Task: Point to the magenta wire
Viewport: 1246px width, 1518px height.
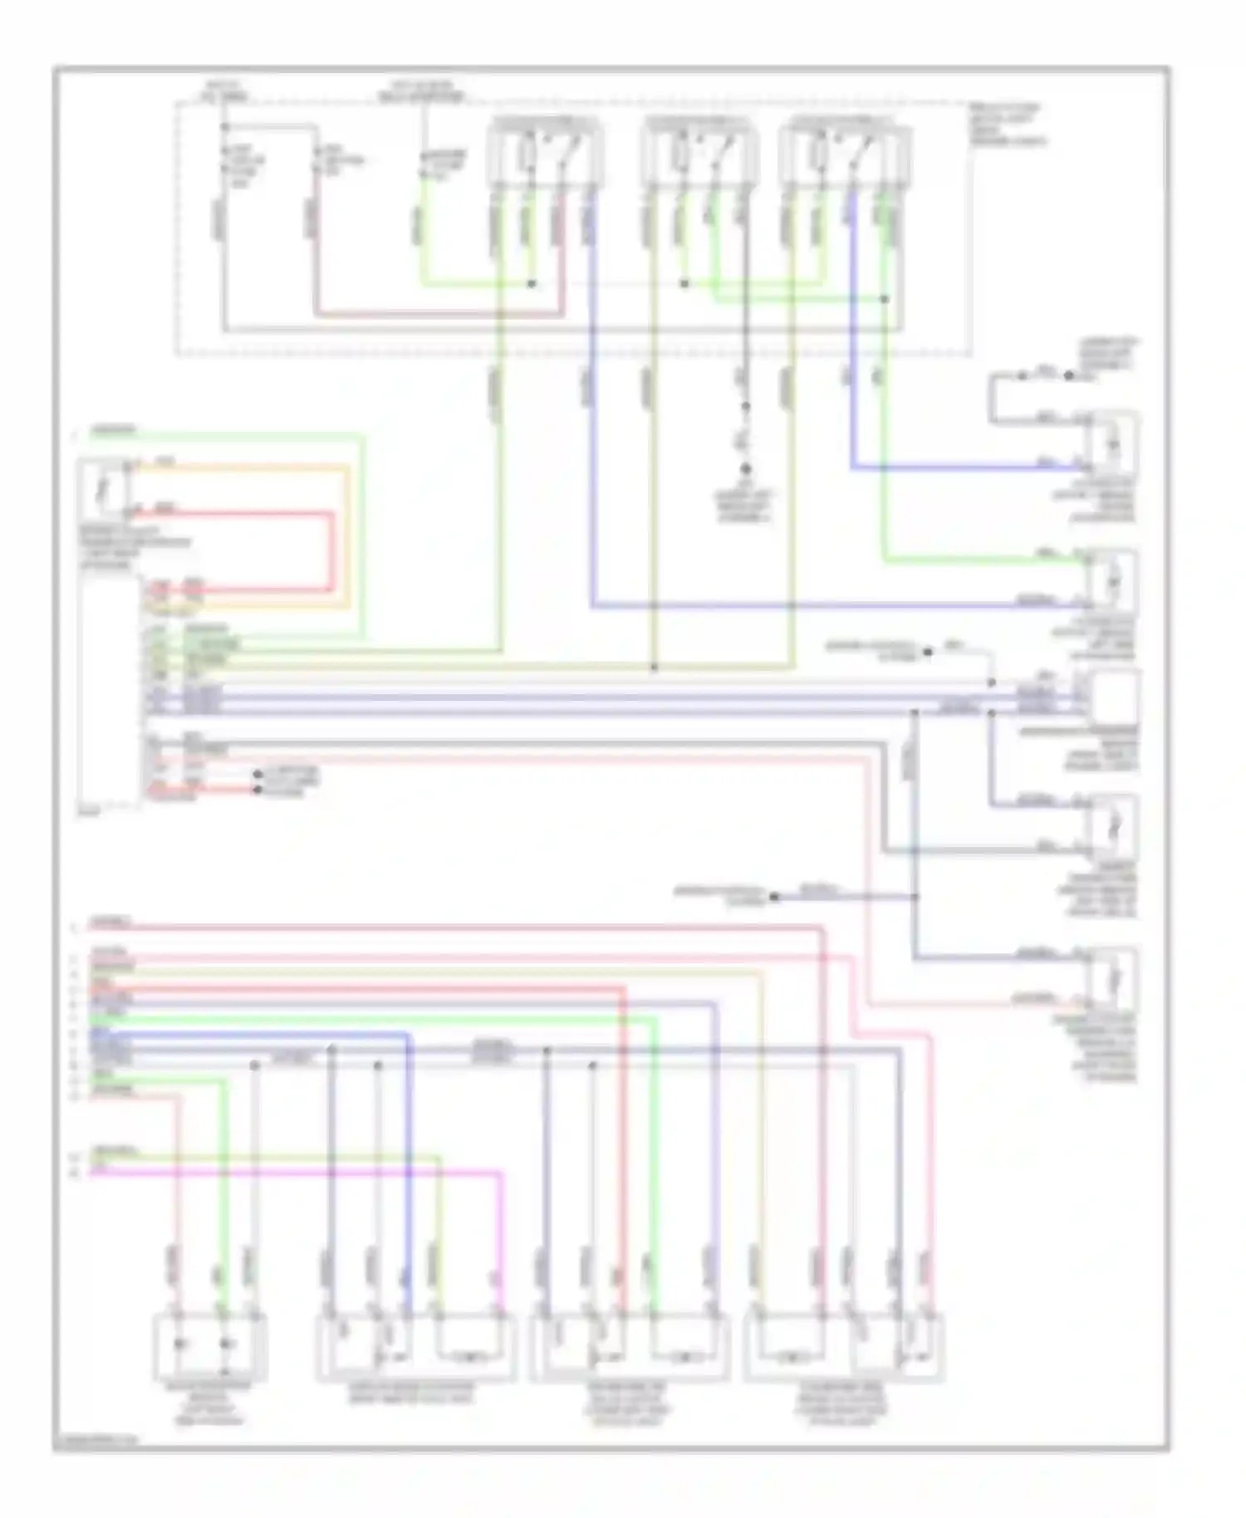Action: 332,1172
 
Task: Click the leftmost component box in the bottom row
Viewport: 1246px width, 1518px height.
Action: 210,1344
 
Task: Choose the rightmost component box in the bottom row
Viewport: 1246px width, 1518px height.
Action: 844,1346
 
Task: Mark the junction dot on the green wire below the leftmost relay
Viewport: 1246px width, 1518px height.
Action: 532,284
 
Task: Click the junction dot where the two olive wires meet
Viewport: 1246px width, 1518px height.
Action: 654,667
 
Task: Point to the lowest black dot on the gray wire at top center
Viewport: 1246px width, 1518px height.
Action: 745,470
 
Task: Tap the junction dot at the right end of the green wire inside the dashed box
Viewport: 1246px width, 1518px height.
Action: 885,299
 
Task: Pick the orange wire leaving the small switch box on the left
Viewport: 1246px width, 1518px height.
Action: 249,469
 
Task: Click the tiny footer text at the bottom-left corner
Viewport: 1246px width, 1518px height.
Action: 96,1442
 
